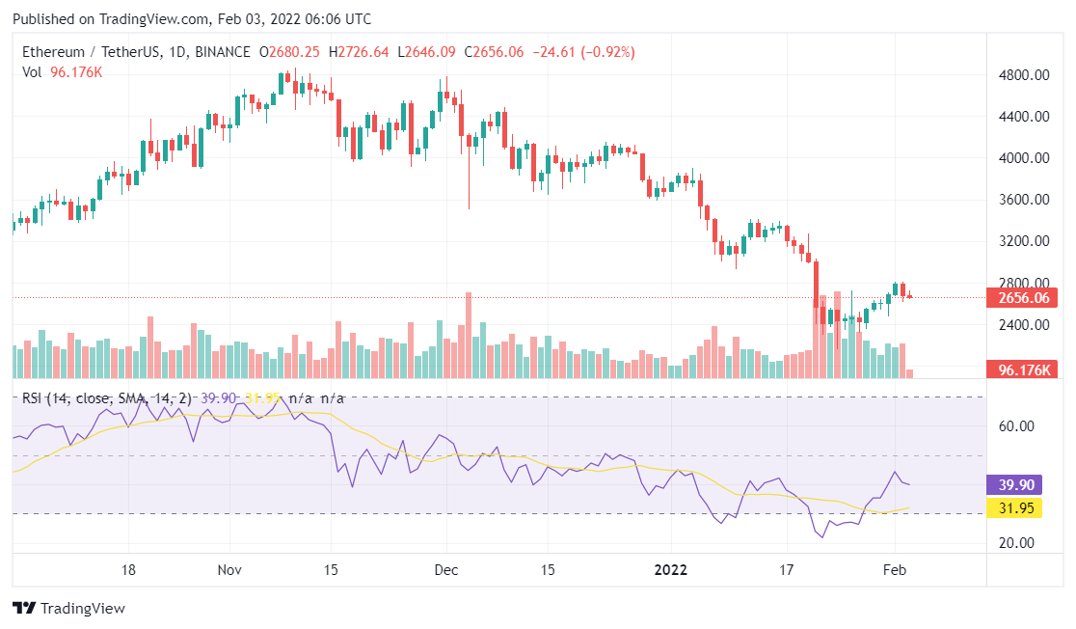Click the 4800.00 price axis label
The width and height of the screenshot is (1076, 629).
tap(1022, 74)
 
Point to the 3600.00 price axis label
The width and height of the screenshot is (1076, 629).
tap(1022, 200)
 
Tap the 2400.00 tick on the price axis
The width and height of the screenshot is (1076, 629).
tap(1022, 325)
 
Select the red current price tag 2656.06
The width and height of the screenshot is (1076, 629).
tap(1022, 298)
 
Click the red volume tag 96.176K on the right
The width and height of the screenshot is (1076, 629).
tap(1022, 369)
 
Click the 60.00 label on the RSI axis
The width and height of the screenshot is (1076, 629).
tap(1014, 425)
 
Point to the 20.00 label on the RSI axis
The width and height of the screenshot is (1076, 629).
tap(1014, 542)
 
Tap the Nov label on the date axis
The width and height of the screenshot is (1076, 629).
tap(229, 569)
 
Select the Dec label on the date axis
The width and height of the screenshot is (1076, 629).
tap(444, 569)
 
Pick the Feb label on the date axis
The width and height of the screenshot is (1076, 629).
tap(896, 569)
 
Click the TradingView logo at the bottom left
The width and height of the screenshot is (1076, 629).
tap(68, 609)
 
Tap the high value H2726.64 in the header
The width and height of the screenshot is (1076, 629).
tap(359, 52)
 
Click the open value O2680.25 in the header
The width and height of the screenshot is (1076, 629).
tap(288, 52)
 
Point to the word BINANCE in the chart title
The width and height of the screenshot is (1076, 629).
tap(222, 52)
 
